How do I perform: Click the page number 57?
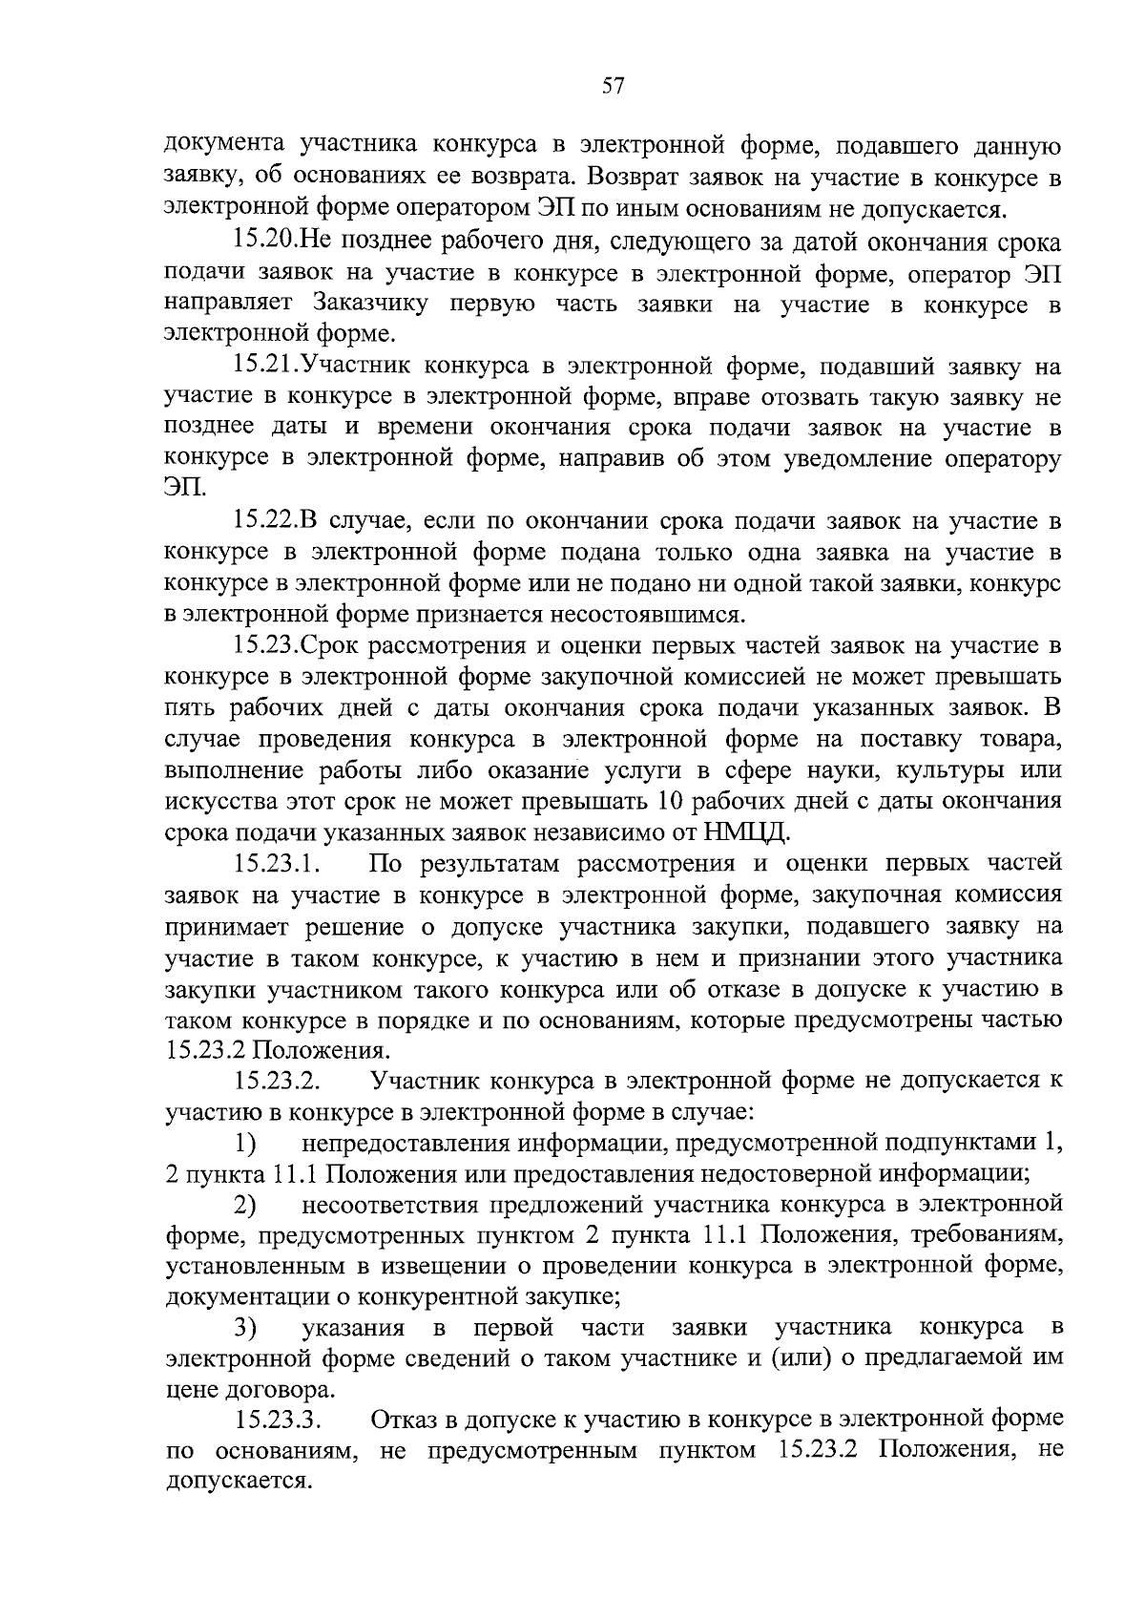tap(613, 87)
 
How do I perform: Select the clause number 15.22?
tap(266, 521)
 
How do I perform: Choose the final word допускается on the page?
tap(239, 1483)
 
